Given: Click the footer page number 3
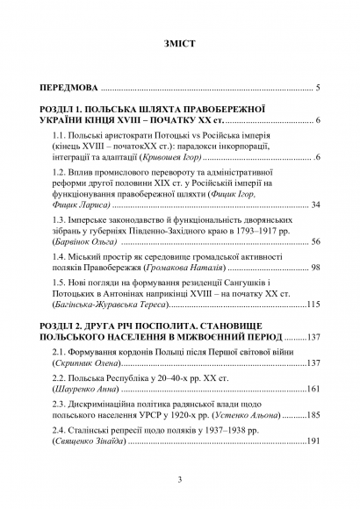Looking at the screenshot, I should [179, 479].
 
